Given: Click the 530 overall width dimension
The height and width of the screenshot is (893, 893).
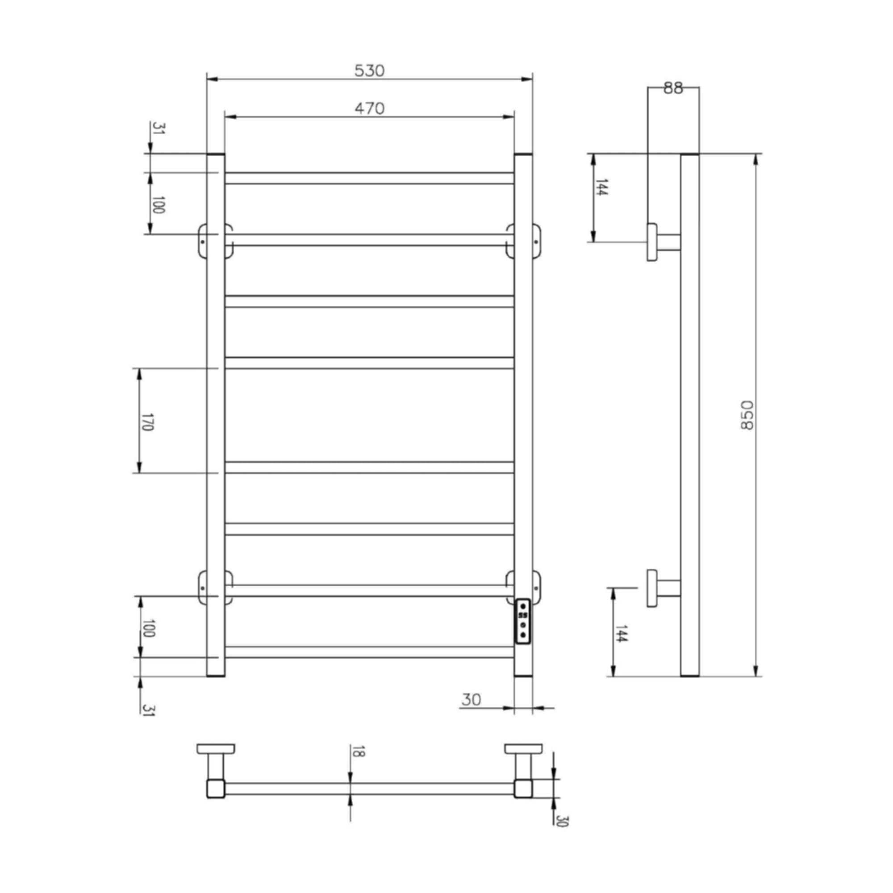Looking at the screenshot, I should pyautogui.click(x=369, y=71).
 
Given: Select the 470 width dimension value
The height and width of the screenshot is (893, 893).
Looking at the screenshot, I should pyautogui.click(x=369, y=108).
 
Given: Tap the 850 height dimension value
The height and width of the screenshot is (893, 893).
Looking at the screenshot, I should pyautogui.click(x=747, y=415).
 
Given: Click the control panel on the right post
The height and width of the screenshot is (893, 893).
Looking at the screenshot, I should pyautogui.click(x=523, y=627).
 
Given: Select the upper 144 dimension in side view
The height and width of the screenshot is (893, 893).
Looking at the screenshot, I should pyautogui.click(x=601, y=187).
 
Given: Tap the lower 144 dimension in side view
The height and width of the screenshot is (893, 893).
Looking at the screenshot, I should pyautogui.click(x=622, y=633).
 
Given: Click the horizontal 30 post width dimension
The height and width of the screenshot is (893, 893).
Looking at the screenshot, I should pyautogui.click(x=471, y=699).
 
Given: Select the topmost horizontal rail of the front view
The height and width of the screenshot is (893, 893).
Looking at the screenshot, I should pyautogui.click(x=369, y=178).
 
